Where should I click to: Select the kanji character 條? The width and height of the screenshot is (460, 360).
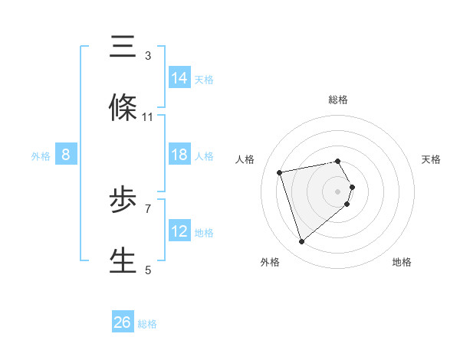point(123,107)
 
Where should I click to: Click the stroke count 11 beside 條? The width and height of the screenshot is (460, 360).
point(148,117)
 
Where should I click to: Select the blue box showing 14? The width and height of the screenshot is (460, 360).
point(179,78)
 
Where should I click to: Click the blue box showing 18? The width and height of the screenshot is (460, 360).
point(179,155)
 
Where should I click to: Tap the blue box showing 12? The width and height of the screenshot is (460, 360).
point(179,231)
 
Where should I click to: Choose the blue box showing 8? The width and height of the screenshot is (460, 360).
point(66,155)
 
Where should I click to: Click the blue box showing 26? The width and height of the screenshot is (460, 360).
point(123,322)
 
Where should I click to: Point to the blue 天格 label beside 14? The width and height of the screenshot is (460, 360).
point(204,79)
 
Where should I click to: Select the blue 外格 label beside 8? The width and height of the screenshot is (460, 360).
point(41,155)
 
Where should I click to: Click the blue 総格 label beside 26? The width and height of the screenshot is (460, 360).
point(147,323)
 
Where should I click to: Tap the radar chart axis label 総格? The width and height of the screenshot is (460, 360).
point(338,100)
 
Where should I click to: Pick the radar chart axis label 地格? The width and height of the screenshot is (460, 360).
point(402,262)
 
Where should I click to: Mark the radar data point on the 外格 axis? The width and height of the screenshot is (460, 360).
point(301,242)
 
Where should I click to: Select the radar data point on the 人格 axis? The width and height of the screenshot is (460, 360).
point(280,172)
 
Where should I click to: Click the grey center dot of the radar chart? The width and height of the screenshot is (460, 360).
point(338,190)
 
